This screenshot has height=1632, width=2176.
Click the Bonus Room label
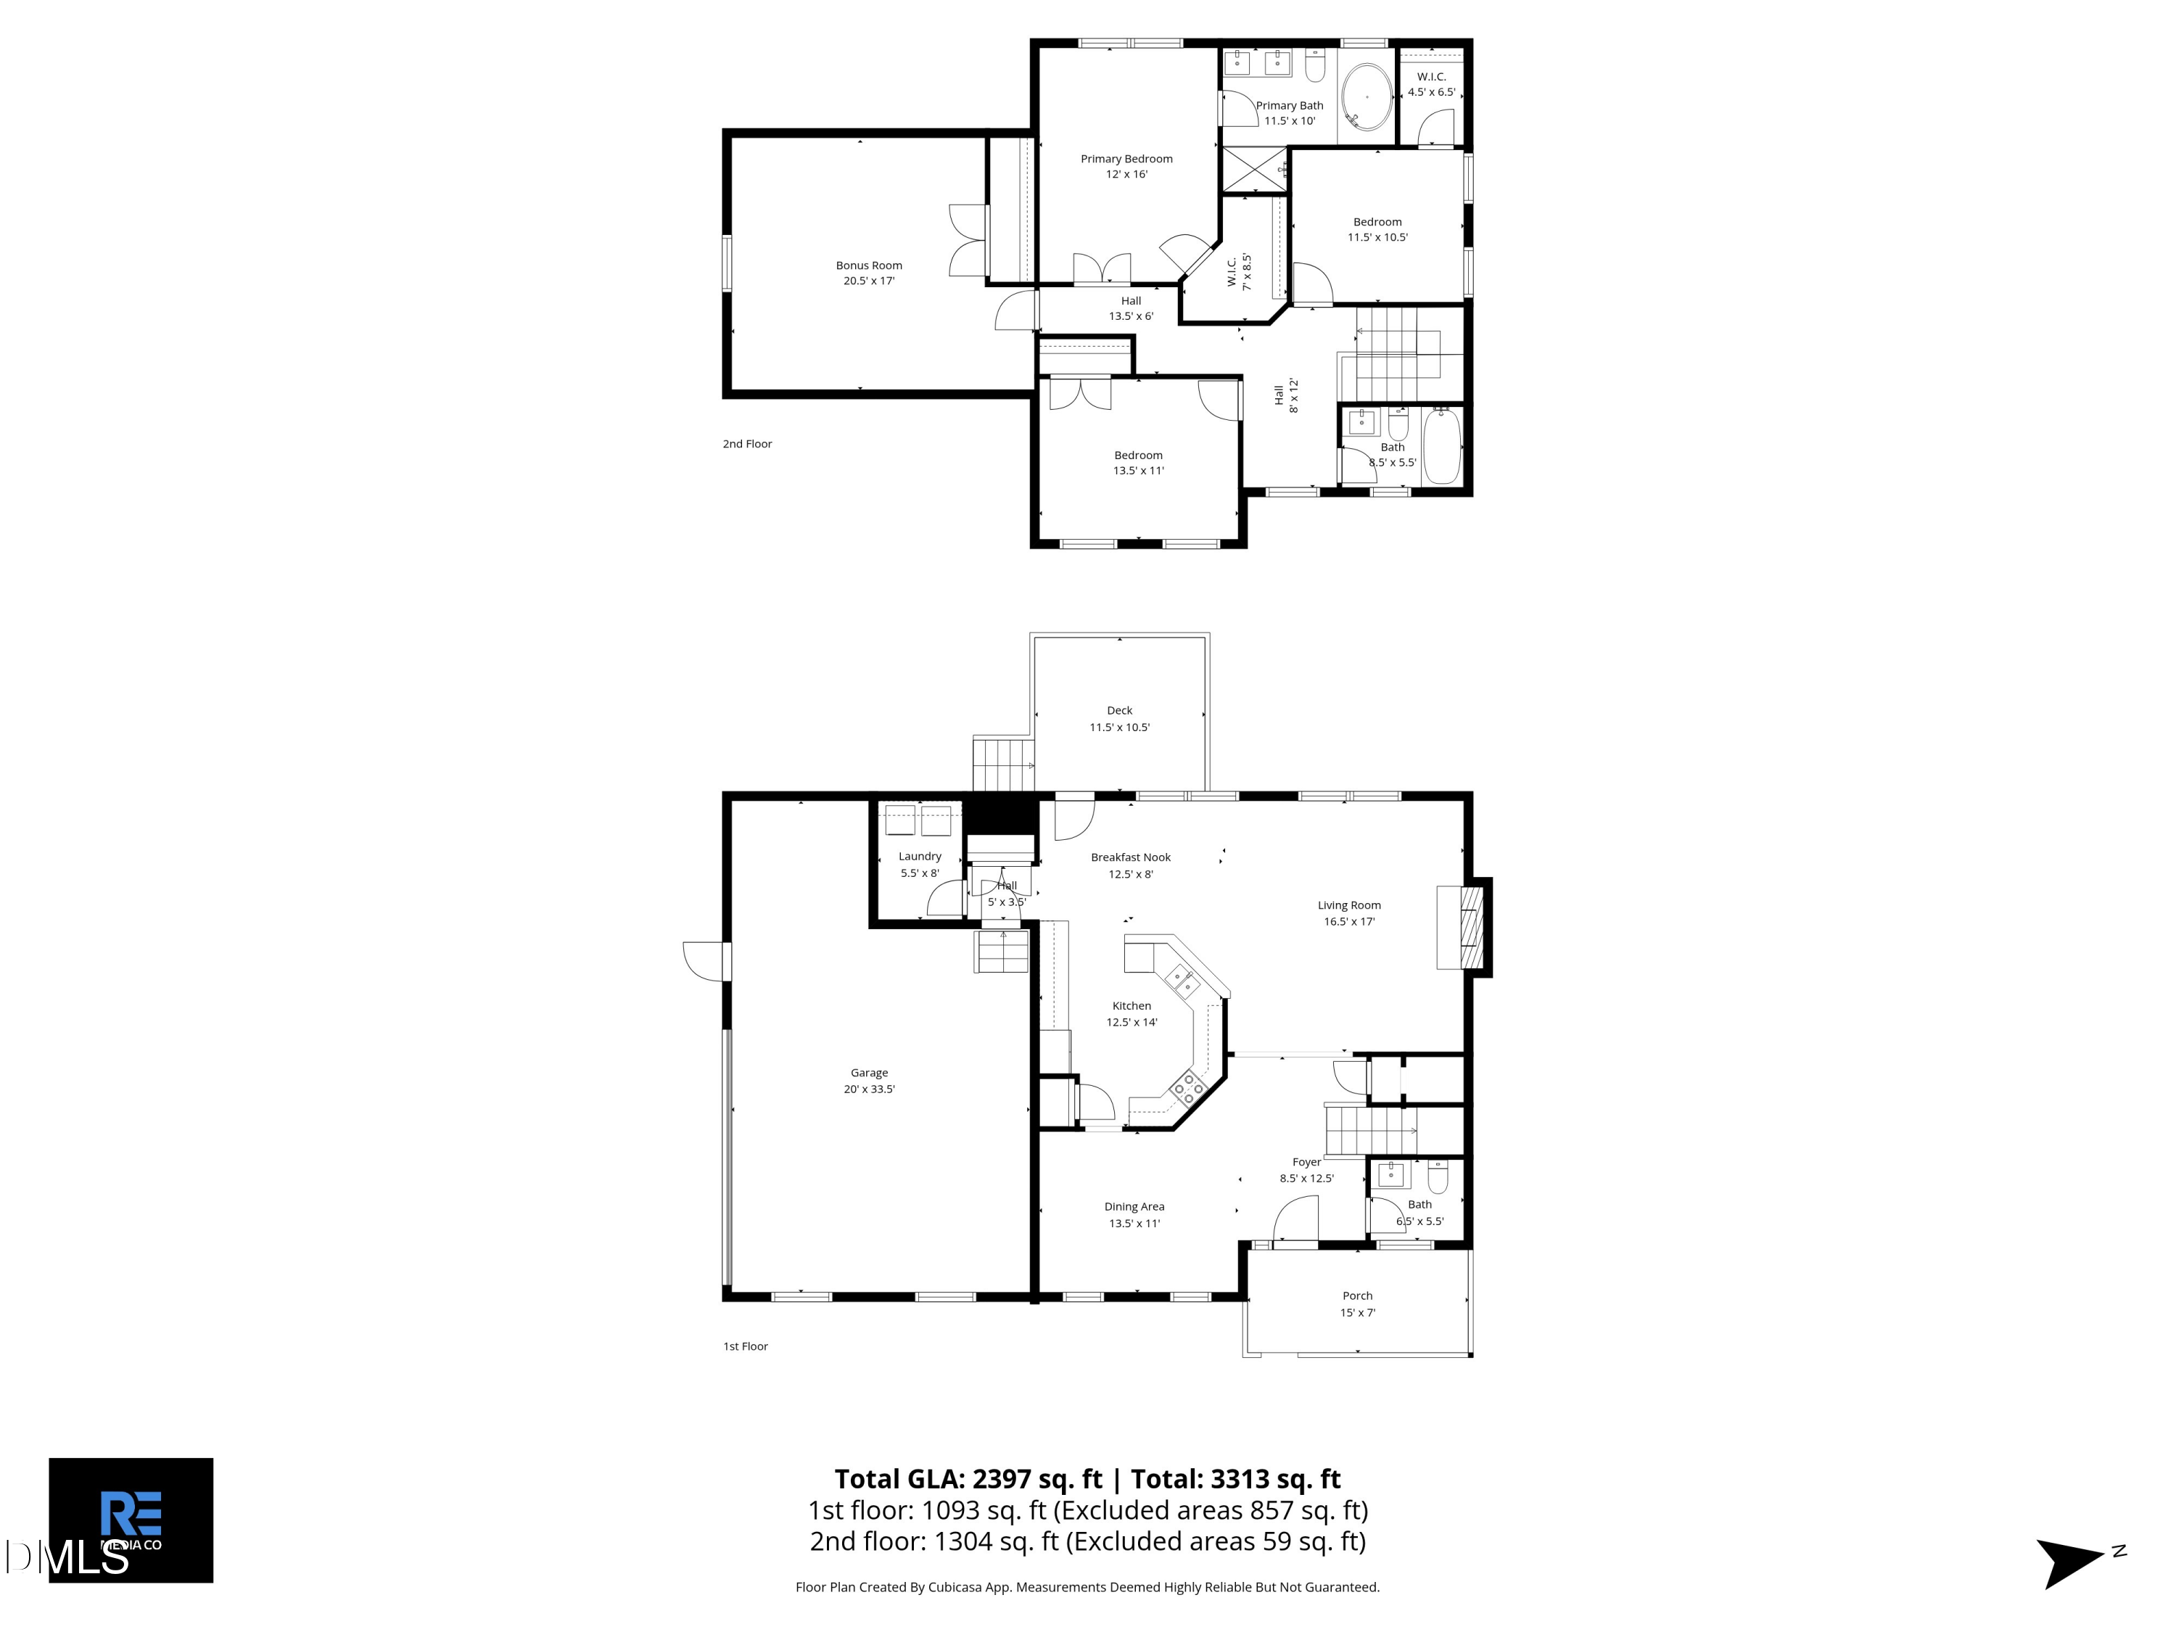click(869, 265)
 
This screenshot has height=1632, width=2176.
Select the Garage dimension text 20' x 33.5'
click(869, 1089)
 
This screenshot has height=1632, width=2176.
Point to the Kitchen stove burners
click(1188, 1087)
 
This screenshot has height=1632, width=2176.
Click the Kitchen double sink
click(1182, 980)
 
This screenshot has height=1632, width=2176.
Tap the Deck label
click(1119, 710)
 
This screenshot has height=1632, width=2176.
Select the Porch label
click(1358, 1295)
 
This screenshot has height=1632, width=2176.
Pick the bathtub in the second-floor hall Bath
click(1442, 448)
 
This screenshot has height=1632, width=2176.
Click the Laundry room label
click(920, 857)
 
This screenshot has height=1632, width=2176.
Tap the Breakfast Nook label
click(1130, 858)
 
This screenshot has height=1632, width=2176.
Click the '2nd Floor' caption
click(748, 444)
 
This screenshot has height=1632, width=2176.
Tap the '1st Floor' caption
click(746, 1345)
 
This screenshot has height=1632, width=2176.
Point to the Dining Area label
click(1134, 1207)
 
